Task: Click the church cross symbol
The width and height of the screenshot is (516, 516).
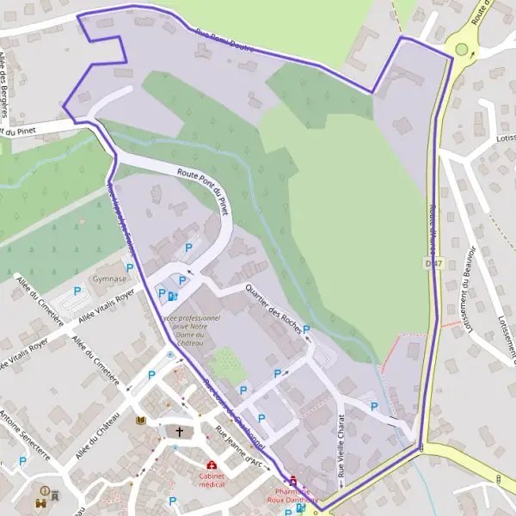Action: tap(181, 431)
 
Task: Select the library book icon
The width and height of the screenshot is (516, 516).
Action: tap(141, 421)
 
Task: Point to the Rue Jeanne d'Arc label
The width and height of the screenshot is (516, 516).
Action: tap(239, 449)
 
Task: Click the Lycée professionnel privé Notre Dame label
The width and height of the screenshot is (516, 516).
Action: tap(189, 330)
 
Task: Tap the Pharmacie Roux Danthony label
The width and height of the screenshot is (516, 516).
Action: tap(292, 494)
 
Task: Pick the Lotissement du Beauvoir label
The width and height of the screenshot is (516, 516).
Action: tap(470, 292)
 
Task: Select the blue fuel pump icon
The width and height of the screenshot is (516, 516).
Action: tap(173, 297)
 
